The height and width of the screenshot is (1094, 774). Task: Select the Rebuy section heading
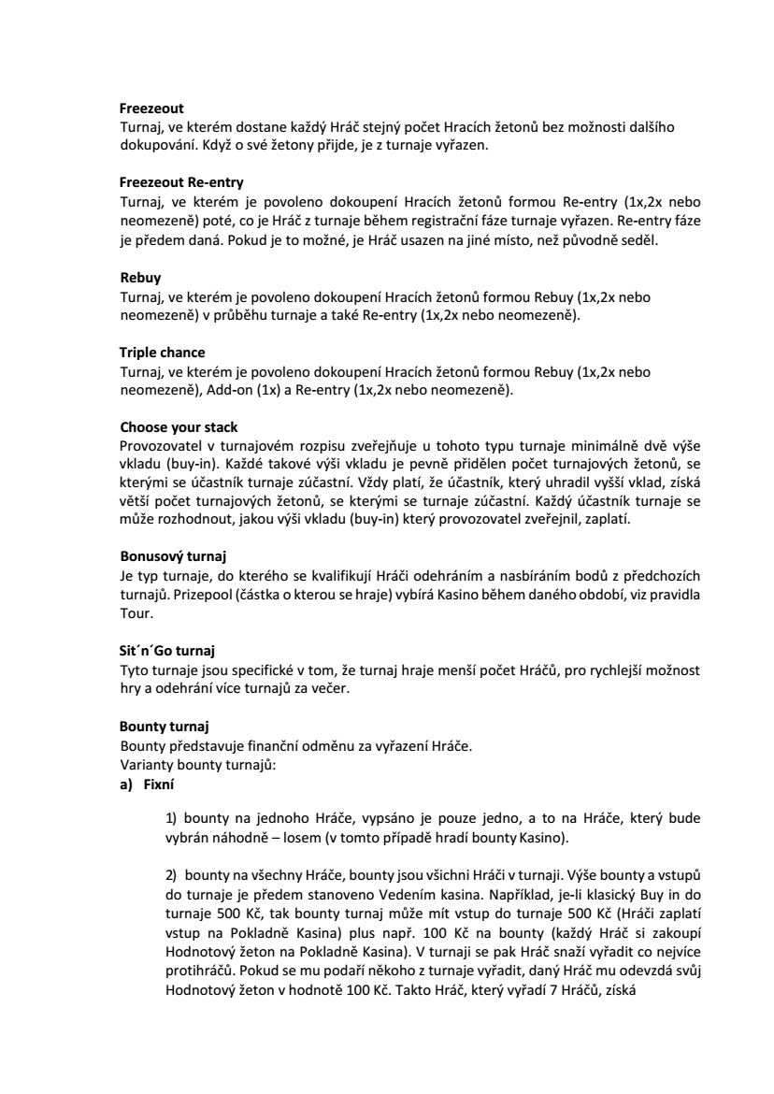140,278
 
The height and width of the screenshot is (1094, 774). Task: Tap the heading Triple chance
162,353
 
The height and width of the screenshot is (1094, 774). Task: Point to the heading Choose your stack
179,427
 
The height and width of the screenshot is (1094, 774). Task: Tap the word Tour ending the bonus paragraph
134,614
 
